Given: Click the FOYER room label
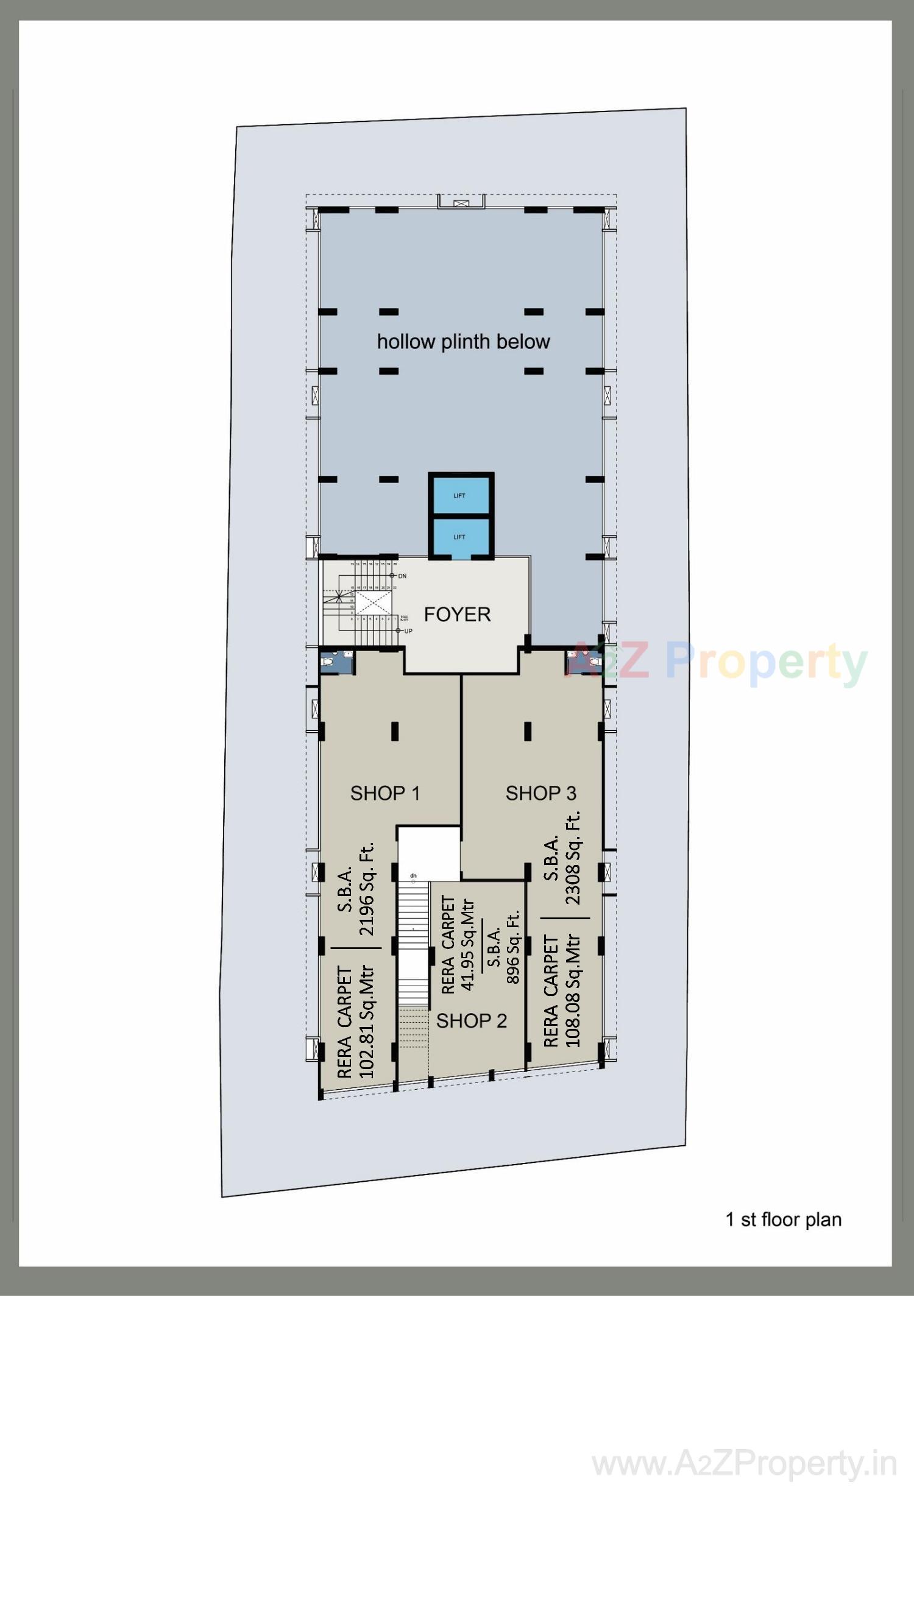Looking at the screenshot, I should tap(456, 615).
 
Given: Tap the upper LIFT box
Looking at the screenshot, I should tap(460, 495).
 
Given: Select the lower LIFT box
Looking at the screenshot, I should tap(460, 537).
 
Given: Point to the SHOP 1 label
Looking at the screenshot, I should tap(384, 793).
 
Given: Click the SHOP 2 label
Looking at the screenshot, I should tap(471, 1021).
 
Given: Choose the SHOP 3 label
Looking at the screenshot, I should tap(540, 793).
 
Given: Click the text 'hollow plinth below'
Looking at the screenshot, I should tap(463, 342).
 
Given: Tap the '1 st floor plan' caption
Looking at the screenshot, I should tap(784, 1220).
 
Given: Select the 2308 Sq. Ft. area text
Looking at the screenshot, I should tap(573, 858).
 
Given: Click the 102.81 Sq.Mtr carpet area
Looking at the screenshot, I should tap(366, 1022).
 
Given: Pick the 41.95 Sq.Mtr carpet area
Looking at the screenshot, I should tap(467, 945).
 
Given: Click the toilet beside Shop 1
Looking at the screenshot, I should tap(334, 662).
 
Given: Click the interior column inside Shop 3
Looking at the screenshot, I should tap(527, 732).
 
